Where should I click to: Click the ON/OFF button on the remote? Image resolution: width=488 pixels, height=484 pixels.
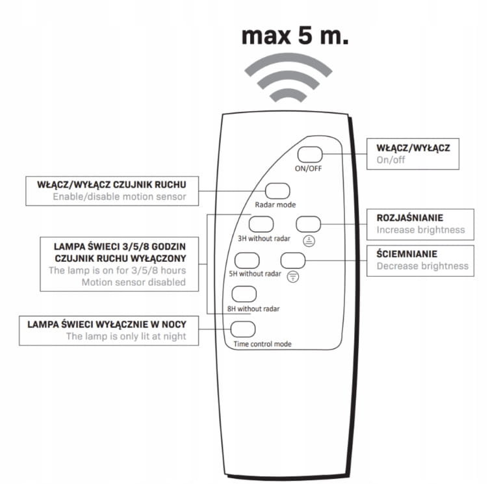[309, 155]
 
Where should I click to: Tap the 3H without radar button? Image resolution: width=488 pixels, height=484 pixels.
[261, 223]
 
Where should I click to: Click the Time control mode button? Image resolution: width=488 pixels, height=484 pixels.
[242, 329]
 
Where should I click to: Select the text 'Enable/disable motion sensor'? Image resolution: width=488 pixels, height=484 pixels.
[119, 196]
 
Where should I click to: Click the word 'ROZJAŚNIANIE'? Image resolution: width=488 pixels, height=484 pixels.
[410, 218]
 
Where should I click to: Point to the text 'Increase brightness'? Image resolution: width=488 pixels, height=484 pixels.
[420, 230]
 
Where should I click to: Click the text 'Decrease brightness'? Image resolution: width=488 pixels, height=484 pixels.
[422, 266]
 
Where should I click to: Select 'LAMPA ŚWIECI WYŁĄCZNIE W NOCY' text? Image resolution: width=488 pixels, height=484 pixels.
[107, 324]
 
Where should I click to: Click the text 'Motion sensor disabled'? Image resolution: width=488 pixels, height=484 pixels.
[133, 283]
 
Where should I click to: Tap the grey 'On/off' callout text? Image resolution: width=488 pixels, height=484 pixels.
[390, 160]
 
